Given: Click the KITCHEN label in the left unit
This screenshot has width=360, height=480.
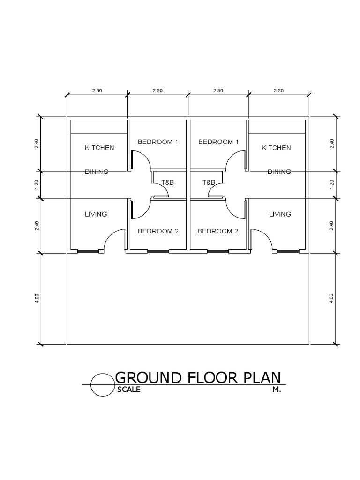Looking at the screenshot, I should click(99, 148).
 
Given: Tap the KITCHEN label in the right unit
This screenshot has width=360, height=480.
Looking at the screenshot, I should click(276, 148).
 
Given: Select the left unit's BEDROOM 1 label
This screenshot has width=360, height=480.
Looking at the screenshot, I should click(158, 142).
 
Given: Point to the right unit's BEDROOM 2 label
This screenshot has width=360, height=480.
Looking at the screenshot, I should click(218, 231).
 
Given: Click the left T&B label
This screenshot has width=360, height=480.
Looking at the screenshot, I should click(167, 182).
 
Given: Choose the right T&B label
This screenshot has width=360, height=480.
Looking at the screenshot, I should click(209, 182).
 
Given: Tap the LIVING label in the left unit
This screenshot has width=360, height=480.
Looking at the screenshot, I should click(96, 214).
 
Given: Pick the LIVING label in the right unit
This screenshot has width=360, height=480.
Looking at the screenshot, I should click(280, 214).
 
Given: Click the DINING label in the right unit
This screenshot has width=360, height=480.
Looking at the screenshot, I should click(279, 172).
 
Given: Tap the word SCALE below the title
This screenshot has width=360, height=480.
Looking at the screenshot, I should click(128, 390).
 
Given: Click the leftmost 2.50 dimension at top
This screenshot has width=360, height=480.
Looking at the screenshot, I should click(97, 91).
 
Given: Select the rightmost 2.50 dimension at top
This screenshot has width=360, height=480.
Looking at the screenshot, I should click(278, 91).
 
